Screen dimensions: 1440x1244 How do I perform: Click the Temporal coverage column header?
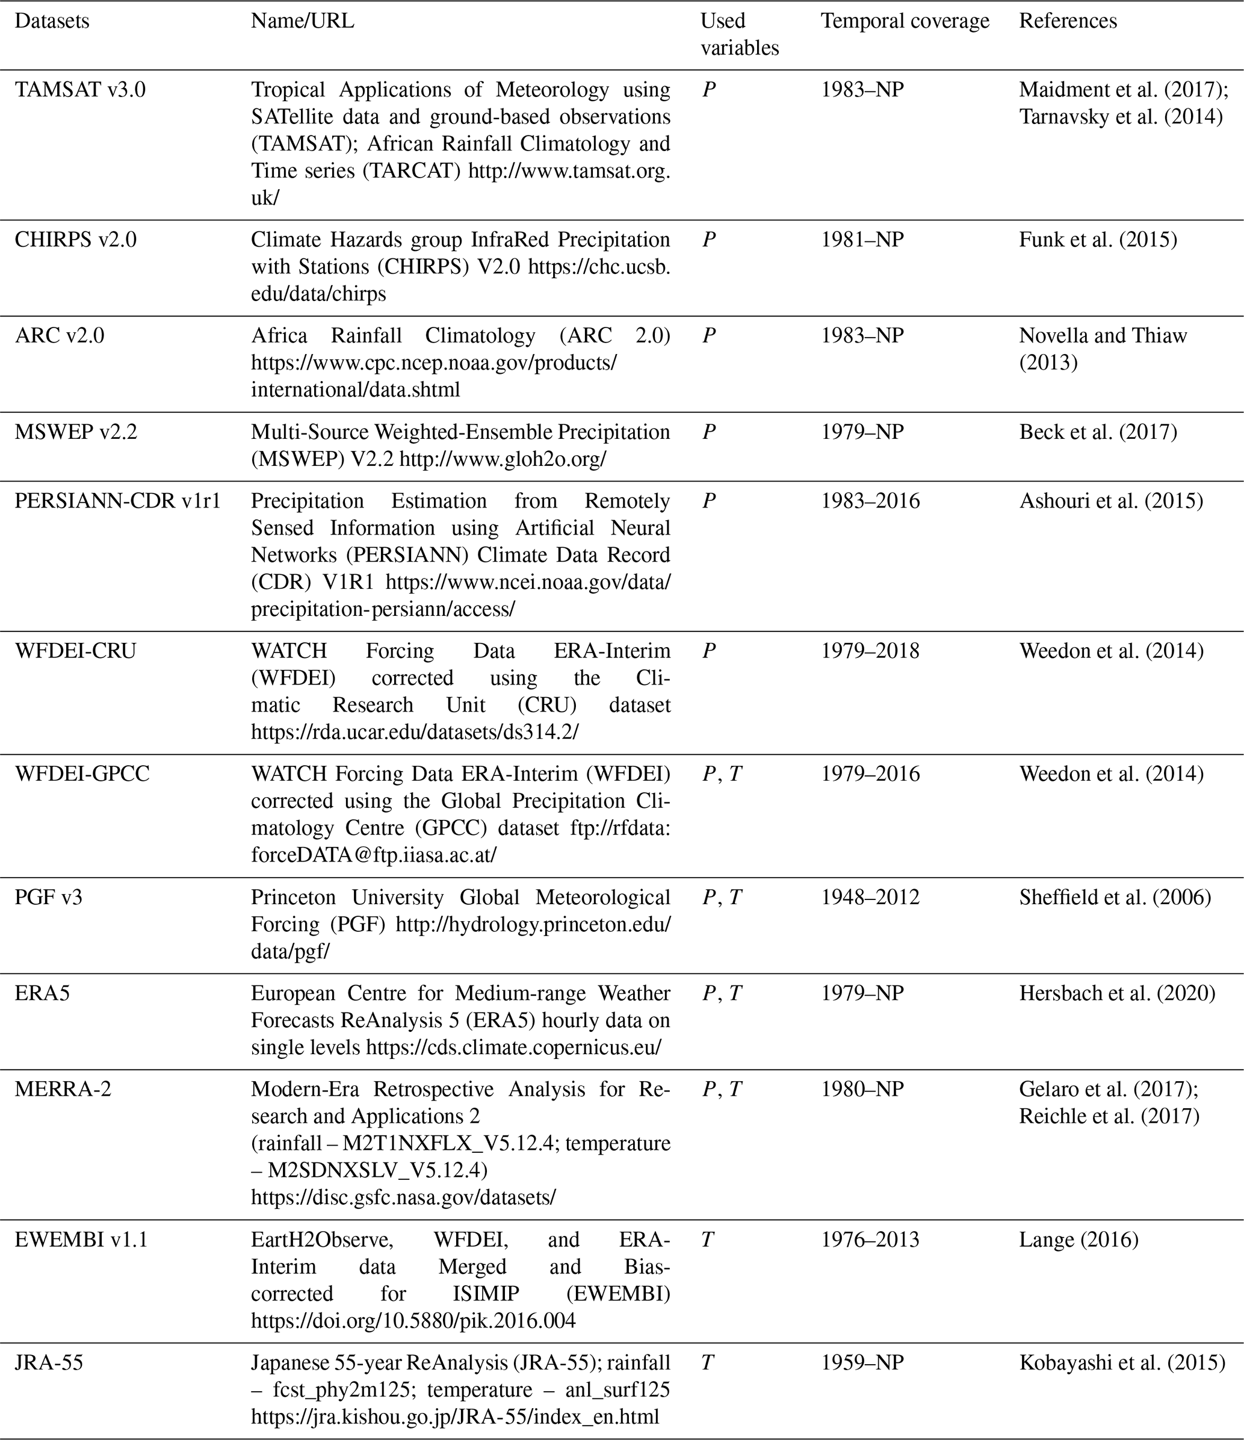click(x=905, y=22)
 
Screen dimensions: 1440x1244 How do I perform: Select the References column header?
click(x=1068, y=22)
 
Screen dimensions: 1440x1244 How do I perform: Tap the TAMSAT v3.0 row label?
click(x=80, y=90)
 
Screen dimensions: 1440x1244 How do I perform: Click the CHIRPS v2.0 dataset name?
click(x=76, y=240)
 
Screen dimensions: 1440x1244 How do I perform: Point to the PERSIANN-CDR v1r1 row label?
click(x=117, y=501)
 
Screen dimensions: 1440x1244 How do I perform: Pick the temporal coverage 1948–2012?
click(x=870, y=897)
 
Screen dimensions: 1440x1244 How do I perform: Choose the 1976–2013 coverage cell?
click(x=870, y=1240)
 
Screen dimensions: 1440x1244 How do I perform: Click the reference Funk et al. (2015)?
click(x=1098, y=240)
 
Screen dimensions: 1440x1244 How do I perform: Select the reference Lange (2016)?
click(x=1078, y=1240)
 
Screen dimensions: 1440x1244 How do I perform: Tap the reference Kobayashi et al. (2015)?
click(x=1122, y=1363)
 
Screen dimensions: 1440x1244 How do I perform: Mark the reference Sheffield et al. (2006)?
click(x=1115, y=897)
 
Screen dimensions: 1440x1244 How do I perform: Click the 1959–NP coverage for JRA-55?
click(x=862, y=1363)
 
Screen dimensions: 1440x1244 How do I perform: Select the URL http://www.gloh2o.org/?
click(x=503, y=459)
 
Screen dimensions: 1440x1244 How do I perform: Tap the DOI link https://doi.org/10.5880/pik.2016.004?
click(x=413, y=1320)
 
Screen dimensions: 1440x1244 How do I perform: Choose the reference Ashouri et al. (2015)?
click(x=1110, y=501)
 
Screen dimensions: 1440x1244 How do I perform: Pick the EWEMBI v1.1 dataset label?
click(x=81, y=1240)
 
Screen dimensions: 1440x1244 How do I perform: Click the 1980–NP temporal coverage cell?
click(x=862, y=1089)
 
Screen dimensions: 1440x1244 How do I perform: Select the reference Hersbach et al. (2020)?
click(x=1117, y=993)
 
